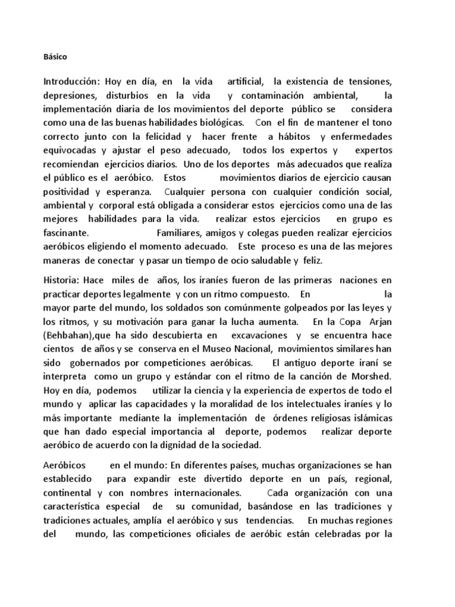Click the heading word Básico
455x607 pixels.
pyautogui.click(x=56, y=57)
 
